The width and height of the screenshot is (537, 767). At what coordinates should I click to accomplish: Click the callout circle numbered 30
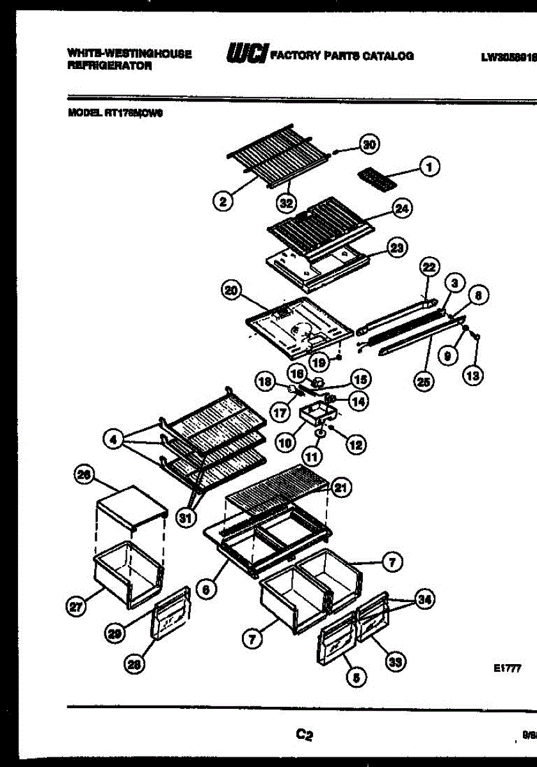(367, 144)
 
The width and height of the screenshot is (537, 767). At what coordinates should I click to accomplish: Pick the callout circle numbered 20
(229, 290)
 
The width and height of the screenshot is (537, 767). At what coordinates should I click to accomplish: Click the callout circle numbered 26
(84, 476)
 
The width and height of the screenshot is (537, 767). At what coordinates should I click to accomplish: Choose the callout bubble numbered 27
(77, 608)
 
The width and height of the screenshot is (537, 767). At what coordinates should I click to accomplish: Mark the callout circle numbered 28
(135, 664)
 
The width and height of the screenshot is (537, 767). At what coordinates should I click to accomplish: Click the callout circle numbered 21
(342, 488)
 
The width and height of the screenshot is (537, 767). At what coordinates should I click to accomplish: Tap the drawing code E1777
(505, 668)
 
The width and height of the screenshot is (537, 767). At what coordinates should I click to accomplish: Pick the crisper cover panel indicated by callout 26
(131, 507)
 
